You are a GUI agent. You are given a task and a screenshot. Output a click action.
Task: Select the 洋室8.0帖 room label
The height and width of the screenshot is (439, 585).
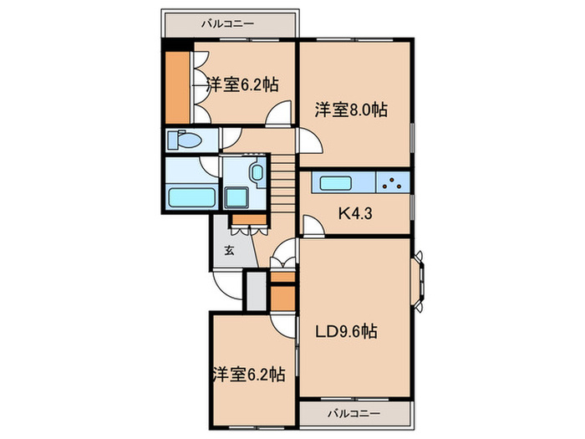pos(350,109)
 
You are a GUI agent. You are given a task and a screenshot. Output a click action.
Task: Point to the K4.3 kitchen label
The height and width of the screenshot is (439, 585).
pos(355,212)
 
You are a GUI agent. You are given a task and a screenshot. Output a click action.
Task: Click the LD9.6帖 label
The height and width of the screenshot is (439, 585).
pos(345,332)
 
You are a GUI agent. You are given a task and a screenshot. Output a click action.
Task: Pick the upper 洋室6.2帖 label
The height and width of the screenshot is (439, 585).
pos(242,84)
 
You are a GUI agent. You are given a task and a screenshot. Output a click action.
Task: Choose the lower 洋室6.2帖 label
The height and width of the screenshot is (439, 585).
pos(247,374)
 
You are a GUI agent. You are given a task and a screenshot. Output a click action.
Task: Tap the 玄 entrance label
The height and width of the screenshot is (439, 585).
pos(228,250)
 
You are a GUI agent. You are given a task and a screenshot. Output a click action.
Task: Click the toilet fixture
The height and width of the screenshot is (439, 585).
pos(184,140)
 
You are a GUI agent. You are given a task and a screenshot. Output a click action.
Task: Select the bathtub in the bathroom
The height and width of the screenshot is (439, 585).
pos(191,198)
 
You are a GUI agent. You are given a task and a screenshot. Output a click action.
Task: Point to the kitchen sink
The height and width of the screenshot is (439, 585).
pos(338,184)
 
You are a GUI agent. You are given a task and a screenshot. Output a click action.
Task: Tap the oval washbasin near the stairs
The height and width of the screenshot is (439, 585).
pos(256,174)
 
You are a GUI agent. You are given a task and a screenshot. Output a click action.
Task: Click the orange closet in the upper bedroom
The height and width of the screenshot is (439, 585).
pos(177,87)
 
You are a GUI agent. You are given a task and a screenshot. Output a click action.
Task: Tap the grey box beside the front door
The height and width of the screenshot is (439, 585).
pos(253,289)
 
